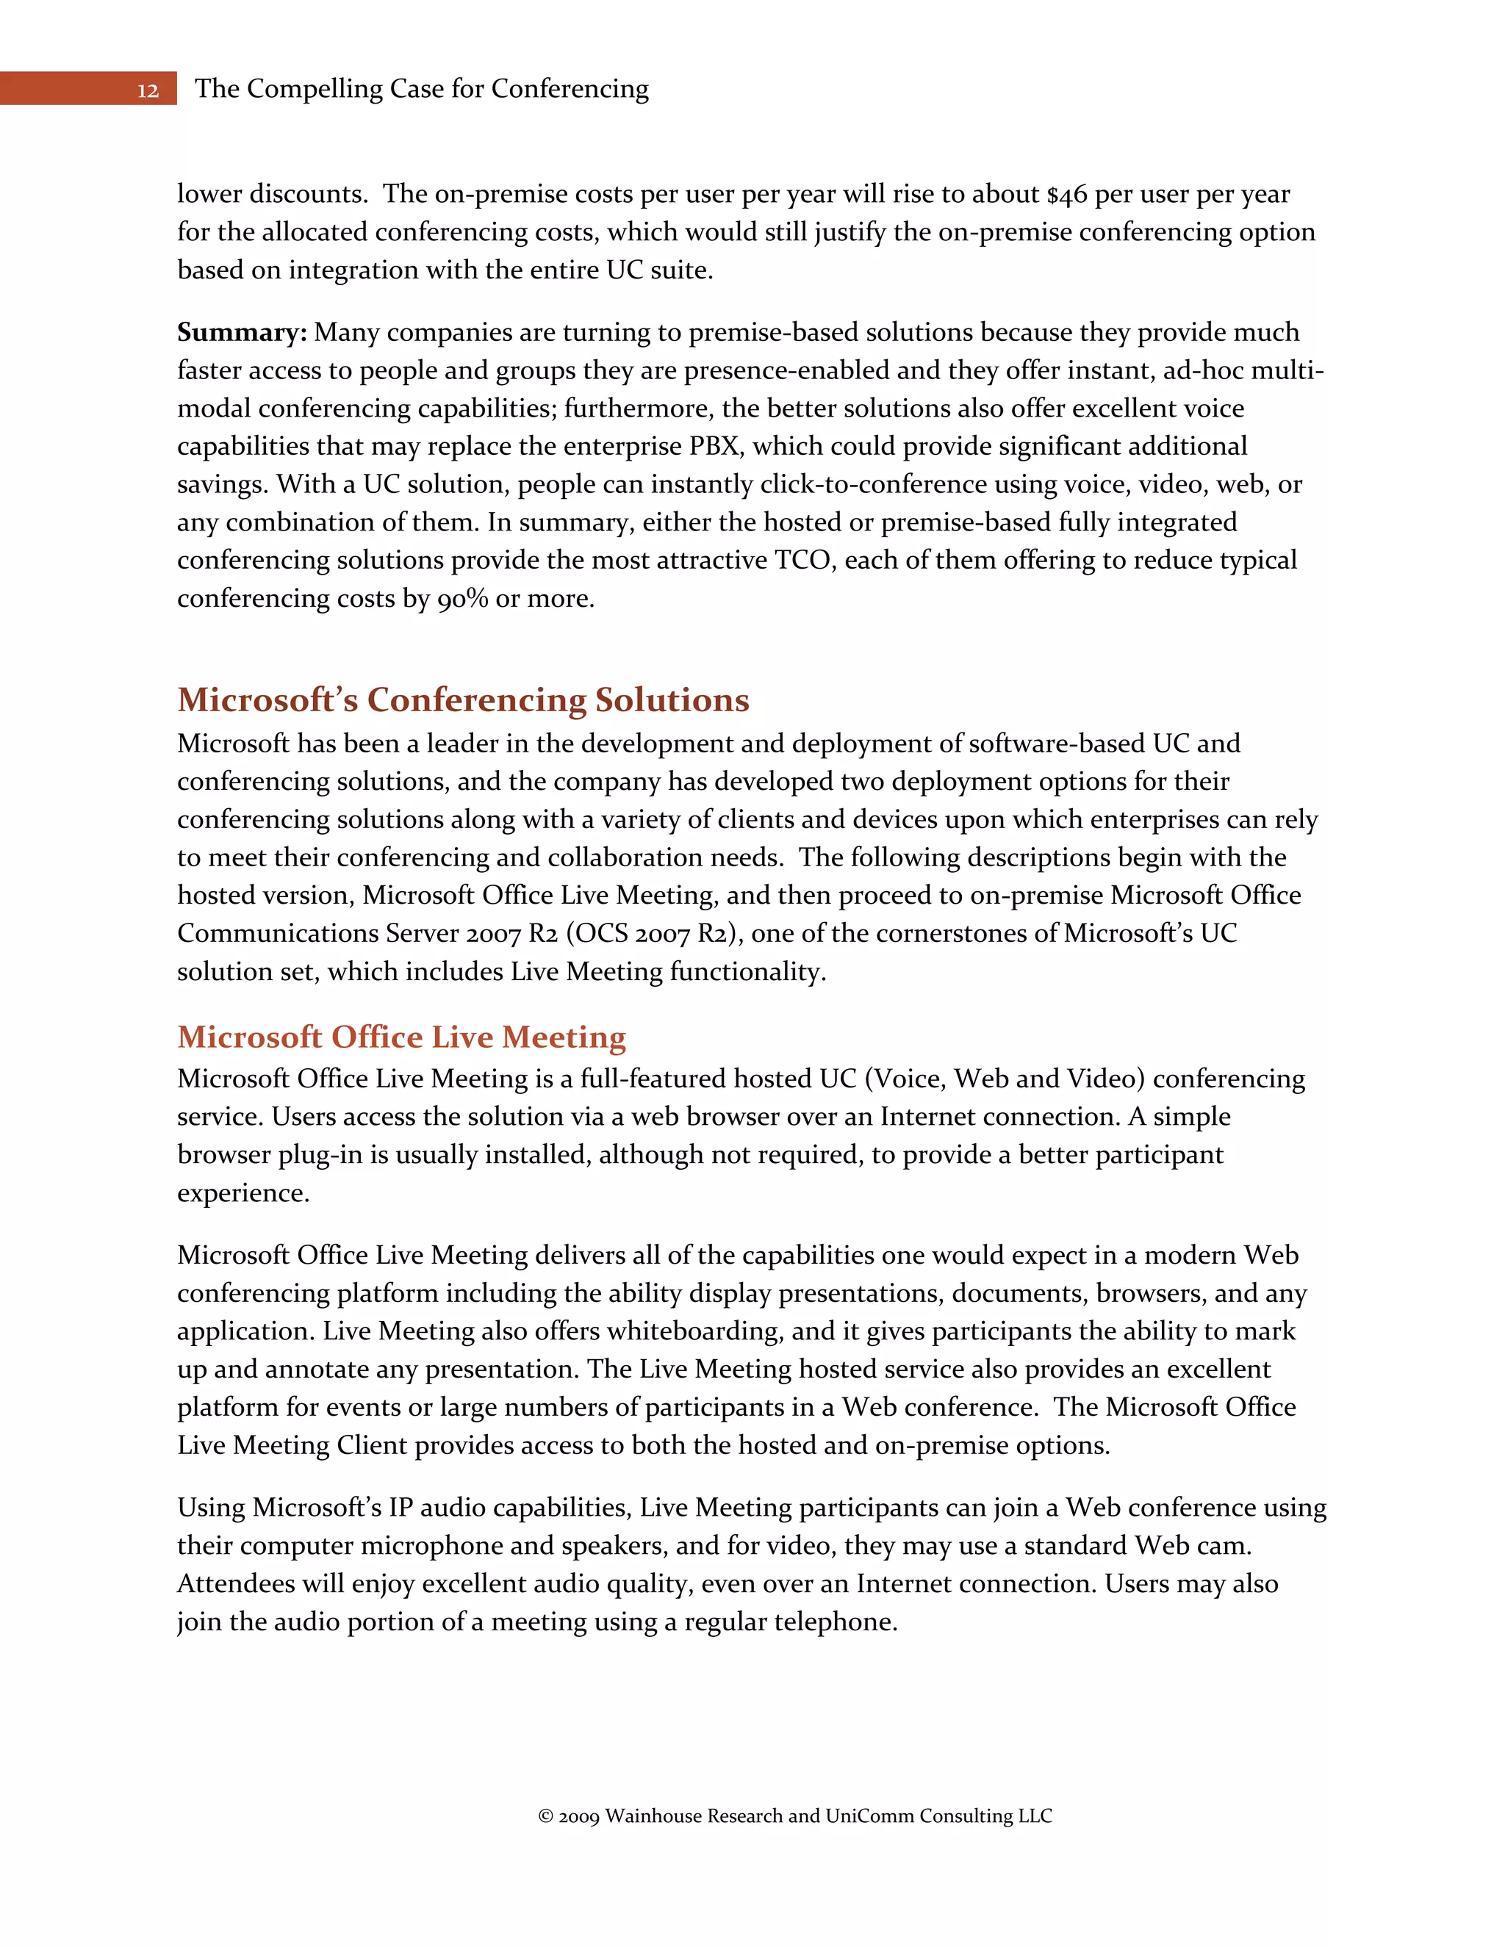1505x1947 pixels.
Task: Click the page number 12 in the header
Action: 148,90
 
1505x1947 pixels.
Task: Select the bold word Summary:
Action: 242,333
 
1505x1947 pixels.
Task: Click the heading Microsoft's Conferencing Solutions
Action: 463,699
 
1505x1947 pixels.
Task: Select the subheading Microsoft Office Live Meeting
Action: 401,1037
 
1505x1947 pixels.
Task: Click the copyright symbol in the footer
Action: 546,1817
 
